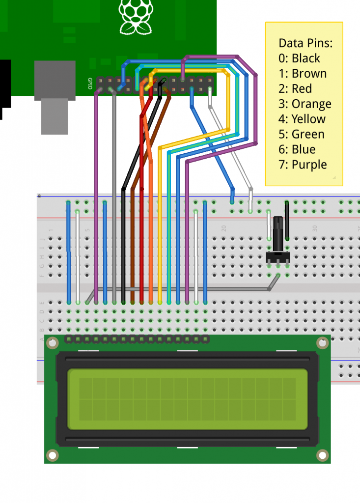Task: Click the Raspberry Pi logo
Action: (x=136, y=17)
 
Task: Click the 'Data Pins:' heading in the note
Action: (x=305, y=43)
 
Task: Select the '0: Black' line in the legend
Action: (x=299, y=58)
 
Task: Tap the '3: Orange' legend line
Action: (x=305, y=104)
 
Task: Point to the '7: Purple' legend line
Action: (x=303, y=165)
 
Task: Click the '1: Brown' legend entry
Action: (x=302, y=73)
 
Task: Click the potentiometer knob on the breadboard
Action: (x=278, y=235)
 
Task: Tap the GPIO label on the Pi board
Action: (x=90, y=84)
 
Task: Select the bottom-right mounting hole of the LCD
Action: (x=322, y=455)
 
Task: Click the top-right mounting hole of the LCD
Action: (x=322, y=343)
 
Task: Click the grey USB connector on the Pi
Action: (x=55, y=97)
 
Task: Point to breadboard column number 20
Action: (x=223, y=228)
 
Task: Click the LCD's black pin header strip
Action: (x=137, y=339)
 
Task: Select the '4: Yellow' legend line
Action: (x=302, y=119)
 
